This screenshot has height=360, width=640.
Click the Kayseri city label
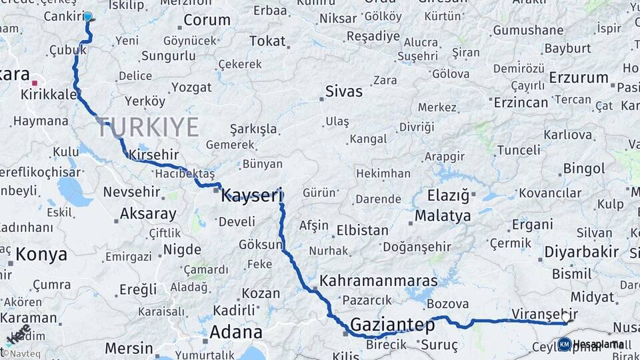tap(252, 195)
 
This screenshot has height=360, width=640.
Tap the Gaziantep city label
tap(392, 325)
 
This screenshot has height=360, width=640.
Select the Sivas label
tap(343, 91)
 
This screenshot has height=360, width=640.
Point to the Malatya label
tap(443, 216)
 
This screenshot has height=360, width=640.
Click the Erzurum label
tap(579, 77)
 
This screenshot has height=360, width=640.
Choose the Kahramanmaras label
tap(378, 281)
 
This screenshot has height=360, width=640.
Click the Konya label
tap(41, 254)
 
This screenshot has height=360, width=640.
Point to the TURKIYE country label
tap(148, 127)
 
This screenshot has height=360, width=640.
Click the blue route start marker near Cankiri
tap(87, 17)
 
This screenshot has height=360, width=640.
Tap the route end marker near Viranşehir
tap(566, 321)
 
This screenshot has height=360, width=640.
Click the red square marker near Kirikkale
tap(34, 83)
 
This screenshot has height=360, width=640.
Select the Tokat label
tap(267, 41)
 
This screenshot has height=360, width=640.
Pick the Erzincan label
tap(521, 102)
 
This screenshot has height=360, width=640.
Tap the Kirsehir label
tap(154, 155)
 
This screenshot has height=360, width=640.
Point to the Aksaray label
tap(148, 215)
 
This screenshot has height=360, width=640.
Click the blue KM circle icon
tap(565, 344)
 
